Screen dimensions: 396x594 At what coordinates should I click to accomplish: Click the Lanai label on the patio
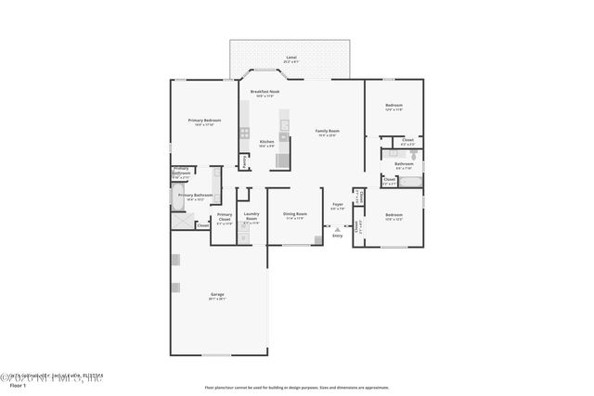coord(291,57)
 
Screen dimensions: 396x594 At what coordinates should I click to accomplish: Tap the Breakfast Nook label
coord(265,92)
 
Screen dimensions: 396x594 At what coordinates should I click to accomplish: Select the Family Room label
coord(327,132)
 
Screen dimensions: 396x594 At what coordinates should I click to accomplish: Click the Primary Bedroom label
coord(204,121)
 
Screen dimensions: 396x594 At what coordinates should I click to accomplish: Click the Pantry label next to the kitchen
coord(243,160)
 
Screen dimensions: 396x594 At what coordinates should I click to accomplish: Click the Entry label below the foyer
coord(337,236)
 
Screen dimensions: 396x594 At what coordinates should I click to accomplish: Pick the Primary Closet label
coord(225,218)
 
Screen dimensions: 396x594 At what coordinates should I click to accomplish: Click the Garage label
coord(216,295)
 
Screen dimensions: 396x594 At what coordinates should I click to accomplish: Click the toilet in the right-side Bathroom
coord(414,155)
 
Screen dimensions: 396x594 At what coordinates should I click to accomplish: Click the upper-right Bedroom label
coord(394,106)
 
